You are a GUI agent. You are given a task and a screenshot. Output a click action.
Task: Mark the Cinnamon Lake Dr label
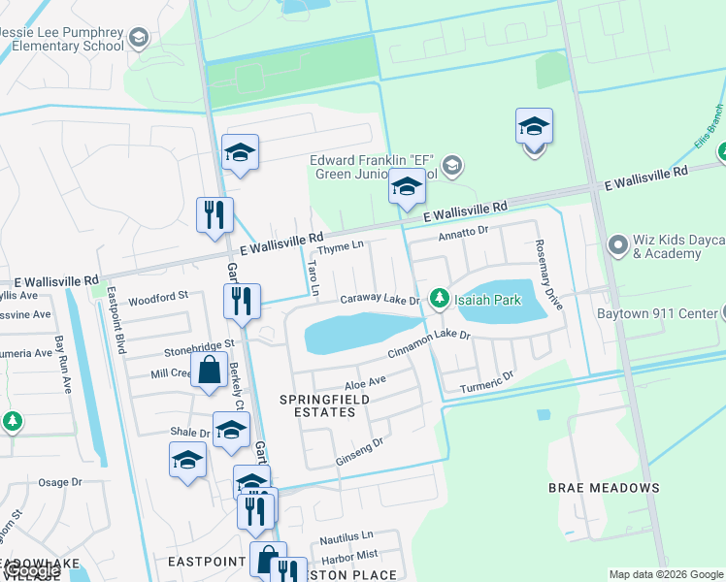(x=429, y=343)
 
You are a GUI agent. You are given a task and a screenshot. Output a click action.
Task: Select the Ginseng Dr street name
(x=360, y=446)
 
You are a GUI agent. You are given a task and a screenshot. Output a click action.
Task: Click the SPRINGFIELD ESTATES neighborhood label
(x=317, y=405)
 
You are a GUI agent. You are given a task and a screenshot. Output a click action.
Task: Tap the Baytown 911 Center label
(x=663, y=313)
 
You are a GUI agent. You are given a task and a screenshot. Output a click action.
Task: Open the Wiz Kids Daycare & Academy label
(x=666, y=247)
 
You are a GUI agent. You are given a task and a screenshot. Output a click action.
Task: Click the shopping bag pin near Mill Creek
(x=209, y=371)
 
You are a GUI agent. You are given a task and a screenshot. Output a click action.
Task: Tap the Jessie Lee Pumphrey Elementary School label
(x=64, y=39)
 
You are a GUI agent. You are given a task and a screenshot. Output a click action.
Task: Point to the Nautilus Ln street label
(x=346, y=535)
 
